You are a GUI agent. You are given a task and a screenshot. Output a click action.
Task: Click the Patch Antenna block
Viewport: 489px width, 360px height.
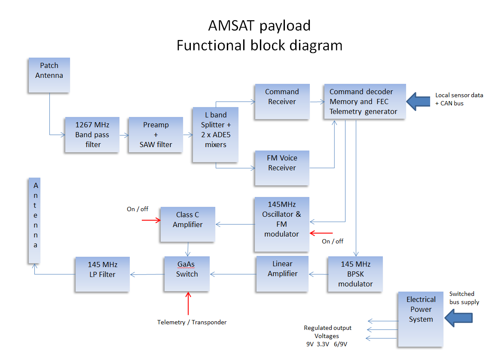(49, 75)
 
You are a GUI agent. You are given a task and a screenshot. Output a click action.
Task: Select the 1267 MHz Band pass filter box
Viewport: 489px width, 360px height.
(92, 135)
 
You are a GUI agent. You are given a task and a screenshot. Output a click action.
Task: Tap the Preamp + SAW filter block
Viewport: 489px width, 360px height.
(156, 135)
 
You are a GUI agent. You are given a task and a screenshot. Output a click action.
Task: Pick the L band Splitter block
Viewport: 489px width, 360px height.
(216, 135)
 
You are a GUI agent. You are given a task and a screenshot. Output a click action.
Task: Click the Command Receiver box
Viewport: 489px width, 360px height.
(282, 102)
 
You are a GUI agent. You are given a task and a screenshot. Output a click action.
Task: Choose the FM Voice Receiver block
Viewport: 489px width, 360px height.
(282, 168)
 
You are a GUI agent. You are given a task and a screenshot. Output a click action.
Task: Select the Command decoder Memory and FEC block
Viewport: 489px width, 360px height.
(365, 102)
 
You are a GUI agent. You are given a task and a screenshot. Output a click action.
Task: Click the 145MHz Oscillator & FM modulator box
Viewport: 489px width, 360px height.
(282, 224)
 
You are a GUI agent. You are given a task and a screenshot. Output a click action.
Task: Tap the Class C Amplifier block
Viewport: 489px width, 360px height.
(188, 224)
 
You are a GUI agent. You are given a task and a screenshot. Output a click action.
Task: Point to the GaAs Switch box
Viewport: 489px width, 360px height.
(187, 274)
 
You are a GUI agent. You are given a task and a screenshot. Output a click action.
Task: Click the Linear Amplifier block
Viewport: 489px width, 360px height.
(282, 274)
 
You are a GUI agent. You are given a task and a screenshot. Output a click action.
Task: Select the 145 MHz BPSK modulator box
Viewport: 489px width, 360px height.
(355, 274)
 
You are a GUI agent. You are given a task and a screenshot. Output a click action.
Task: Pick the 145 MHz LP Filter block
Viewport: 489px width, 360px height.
(102, 274)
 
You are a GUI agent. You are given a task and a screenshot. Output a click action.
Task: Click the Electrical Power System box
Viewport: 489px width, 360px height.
(421, 319)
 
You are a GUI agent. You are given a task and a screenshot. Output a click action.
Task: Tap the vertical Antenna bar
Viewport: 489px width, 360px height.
(35, 221)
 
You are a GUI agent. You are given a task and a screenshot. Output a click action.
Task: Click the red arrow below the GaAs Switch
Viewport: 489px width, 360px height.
(188, 303)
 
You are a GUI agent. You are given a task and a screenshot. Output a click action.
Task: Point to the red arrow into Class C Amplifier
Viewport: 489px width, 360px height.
(151, 220)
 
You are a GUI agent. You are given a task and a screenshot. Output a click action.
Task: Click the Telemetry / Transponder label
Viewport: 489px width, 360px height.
(192, 322)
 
